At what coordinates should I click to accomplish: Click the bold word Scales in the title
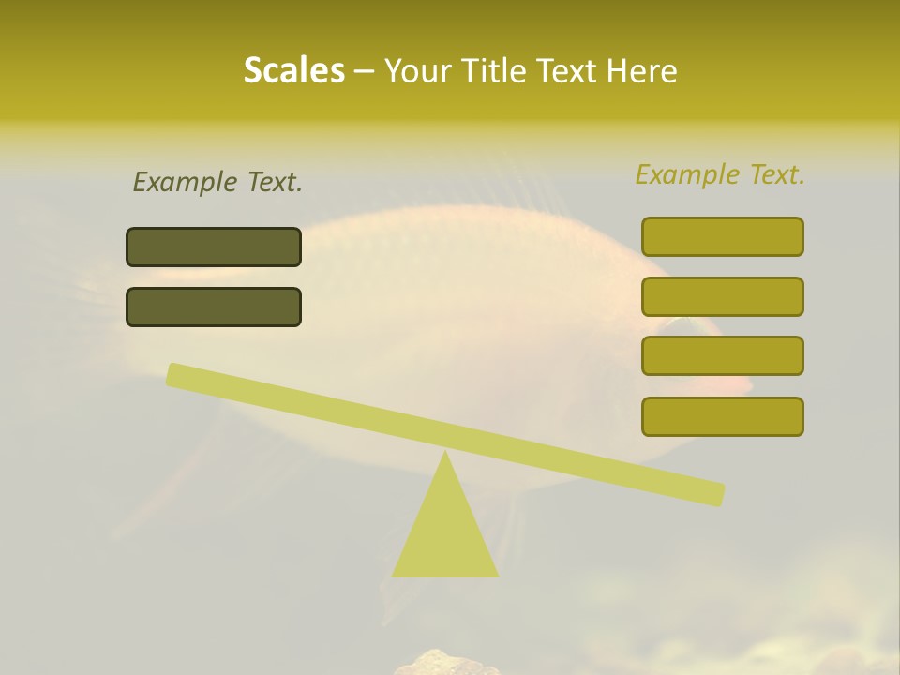294,71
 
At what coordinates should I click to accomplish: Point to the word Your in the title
418,71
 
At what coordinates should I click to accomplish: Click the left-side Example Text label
217,182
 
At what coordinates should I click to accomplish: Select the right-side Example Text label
720,174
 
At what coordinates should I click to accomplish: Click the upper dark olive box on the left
214,247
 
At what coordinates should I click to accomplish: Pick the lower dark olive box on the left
214,307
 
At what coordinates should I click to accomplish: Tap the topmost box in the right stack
722,236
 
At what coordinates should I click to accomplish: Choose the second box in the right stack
722,296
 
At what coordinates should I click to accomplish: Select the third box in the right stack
722,355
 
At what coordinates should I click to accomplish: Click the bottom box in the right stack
722,416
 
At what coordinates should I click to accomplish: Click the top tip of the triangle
445,454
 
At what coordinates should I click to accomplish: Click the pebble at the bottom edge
445,664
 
